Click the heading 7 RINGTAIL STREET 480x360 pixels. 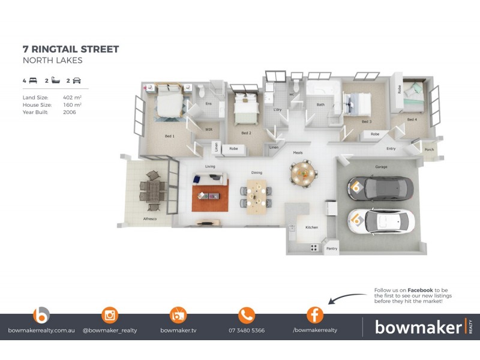(x=71, y=49)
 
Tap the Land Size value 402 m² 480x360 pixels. (x=72, y=97)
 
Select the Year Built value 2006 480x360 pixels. (x=70, y=112)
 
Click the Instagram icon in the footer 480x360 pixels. (x=110, y=315)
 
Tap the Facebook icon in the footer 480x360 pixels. (x=315, y=315)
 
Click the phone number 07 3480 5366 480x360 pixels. (x=247, y=331)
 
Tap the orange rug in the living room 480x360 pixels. (x=211, y=198)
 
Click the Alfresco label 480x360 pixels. (x=149, y=219)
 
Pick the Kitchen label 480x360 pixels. (x=311, y=227)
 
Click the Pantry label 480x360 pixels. (x=331, y=248)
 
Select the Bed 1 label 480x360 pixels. (x=170, y=136)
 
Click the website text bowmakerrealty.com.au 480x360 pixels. (x=41, y=331)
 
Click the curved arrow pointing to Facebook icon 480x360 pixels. (x=348, y=297)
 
